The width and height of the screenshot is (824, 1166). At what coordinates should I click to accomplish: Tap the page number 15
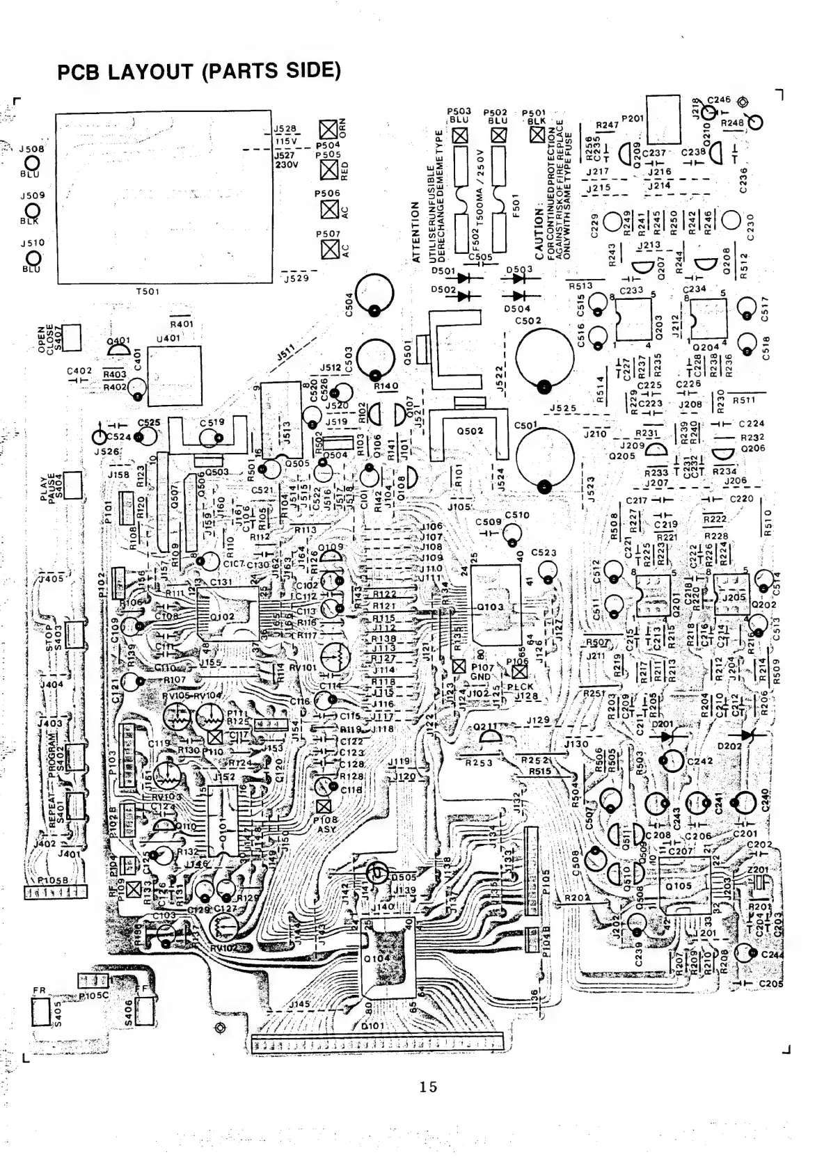428,1086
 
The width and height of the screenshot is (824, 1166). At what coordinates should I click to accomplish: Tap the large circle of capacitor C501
545,458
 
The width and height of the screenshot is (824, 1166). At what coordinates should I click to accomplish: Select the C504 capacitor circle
374,293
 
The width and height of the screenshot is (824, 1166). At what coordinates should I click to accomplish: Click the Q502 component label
470,431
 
